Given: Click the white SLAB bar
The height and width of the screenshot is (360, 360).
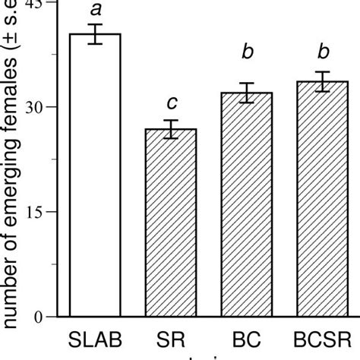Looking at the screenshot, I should click(x=95, y=175).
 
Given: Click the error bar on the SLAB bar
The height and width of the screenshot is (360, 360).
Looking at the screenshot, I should click(x=95, y=34).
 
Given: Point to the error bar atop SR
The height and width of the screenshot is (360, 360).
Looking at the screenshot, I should click(x=171, y=129).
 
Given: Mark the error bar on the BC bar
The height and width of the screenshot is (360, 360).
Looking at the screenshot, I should click(x=247, y=92).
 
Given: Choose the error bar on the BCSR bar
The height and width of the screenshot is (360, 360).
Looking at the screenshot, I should click(x=323, y=81).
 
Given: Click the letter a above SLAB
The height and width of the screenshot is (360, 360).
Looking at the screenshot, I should click(x=95, y=10).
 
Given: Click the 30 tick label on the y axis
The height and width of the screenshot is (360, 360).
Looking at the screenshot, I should click(x=47, y=107).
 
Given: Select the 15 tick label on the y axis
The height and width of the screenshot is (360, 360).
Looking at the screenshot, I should click(x=47, y=212).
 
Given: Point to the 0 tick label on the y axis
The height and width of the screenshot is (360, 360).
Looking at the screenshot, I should click(x=52, y=317).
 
